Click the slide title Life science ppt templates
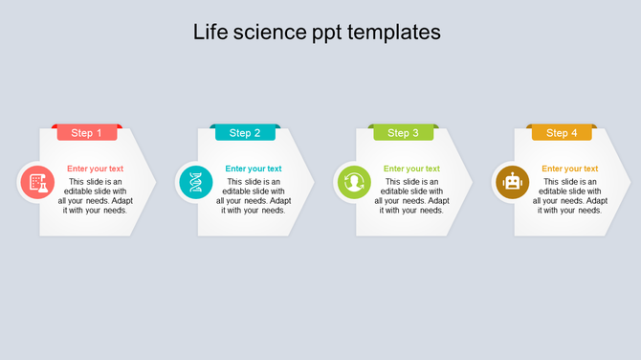click(317, 32)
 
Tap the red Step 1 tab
click(87, 133)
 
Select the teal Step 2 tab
click(245, 133)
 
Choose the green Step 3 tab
click(404, 133)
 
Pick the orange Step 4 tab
click(562, 133)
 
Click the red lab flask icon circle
click(37, 182)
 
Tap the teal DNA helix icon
click(196, 182)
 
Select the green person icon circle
click(354, 182)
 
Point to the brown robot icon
click(513, 182)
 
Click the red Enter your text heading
click(95, 169)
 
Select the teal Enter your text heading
click(254, 169)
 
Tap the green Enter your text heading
click(411, 169)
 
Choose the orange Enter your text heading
click(570, 169)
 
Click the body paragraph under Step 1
click(95, 196)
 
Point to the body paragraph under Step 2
click(254, 196)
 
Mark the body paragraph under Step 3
click(411, 196)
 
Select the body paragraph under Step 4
click(570, 196)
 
